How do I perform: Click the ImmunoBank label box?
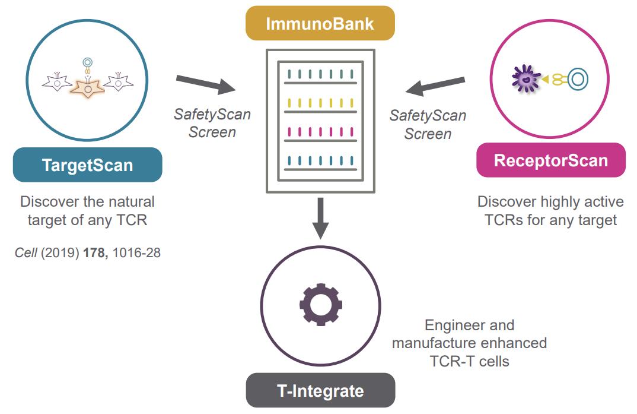(320, 24)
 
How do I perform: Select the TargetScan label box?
(87, 165)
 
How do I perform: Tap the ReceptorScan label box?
(551, 160)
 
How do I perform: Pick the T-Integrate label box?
(320, 391)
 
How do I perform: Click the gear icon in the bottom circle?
(320, 305)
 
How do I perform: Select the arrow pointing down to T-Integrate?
(320, 217)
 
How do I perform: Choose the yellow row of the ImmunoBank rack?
(320, 102)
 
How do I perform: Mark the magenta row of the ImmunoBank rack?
(320, 131)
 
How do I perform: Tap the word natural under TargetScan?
(123, 202)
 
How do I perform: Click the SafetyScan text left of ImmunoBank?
(212, 114)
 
